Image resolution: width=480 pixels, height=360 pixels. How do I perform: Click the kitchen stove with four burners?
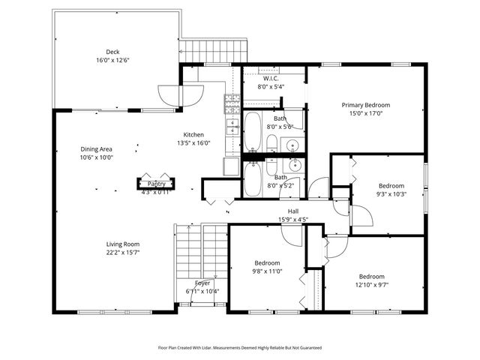pos(232,102)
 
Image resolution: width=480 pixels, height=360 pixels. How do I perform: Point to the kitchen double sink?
pos(232,126)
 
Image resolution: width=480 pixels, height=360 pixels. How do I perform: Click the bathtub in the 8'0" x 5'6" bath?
pos(253,132)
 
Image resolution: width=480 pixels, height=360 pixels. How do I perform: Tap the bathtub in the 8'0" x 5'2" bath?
pos(253,178)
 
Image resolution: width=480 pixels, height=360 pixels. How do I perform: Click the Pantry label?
pos(156,184)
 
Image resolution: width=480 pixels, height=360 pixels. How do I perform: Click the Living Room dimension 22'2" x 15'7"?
pos(122,253)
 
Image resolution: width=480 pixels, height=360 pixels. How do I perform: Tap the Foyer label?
pos(202,283)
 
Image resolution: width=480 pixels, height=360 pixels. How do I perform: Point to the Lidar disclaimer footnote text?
pos(240,347)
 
